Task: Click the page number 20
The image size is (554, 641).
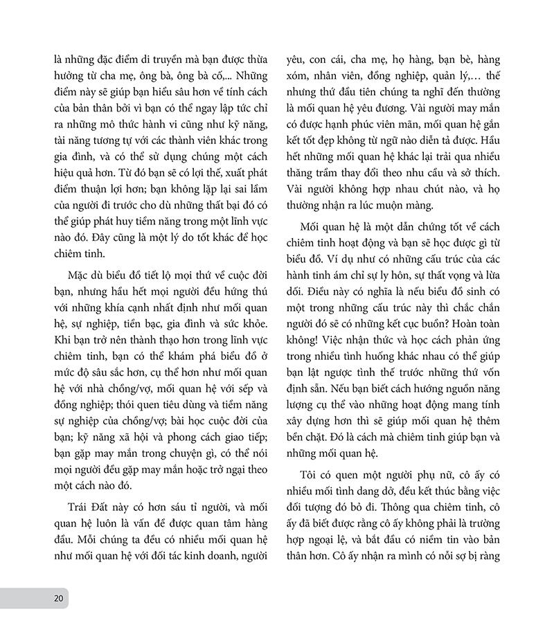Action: coord(58,597)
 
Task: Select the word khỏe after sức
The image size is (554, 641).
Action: coord(244,311)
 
